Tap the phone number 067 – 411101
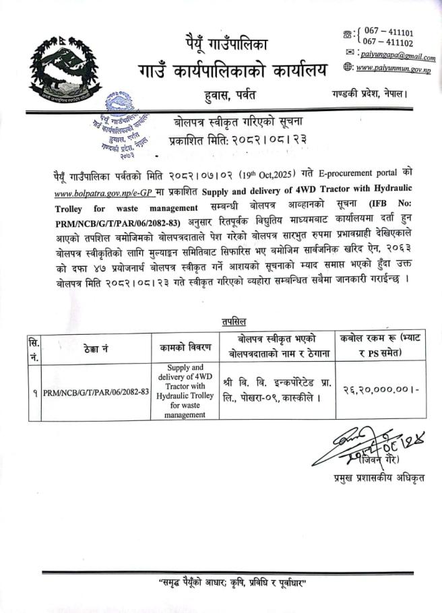389,32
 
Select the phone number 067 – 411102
388,42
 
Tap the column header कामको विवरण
185,348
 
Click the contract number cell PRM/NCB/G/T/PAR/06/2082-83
96,391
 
